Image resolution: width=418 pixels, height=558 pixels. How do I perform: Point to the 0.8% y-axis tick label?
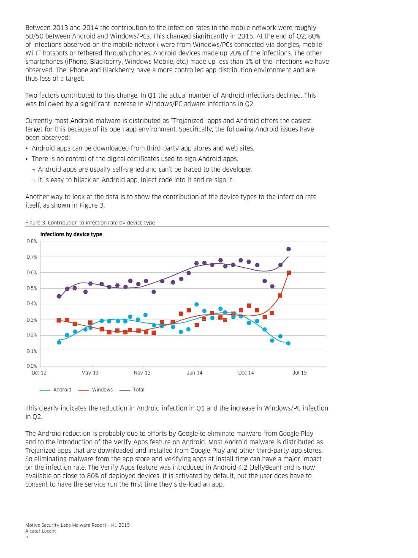(x=32, y=241)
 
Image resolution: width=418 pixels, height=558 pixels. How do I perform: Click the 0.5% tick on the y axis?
(x=32, y=288)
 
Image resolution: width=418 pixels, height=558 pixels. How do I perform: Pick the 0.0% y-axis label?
(x=32, y=366)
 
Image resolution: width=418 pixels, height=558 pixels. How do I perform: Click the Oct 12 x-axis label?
(x=39, y=373)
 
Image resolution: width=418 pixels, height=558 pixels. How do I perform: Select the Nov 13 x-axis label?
(x=142, y=373)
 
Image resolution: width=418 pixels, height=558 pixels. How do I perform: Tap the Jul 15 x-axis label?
(x=300, y=373)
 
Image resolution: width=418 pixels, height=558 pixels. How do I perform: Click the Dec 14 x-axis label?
(x=246, y=373)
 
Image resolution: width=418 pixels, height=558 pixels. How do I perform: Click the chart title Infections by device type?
(x=71, y=234)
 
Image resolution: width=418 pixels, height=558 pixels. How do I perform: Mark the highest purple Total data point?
(x=288, y=249)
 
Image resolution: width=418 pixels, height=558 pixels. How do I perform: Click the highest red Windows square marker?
(x=289, y=273)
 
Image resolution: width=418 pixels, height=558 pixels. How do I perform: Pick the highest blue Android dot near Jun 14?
(x=196, y=304)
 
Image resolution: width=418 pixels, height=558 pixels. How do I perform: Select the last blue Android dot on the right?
(x=288, y=343)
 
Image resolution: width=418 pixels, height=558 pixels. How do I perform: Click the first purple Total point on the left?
(x=59, y=296)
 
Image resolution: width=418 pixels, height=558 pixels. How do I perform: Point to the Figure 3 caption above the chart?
(x=90, y=223)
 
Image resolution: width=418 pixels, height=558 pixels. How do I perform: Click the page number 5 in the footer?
(x=27, y=536)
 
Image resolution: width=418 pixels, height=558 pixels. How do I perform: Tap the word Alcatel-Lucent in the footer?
(x=41, y=531)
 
